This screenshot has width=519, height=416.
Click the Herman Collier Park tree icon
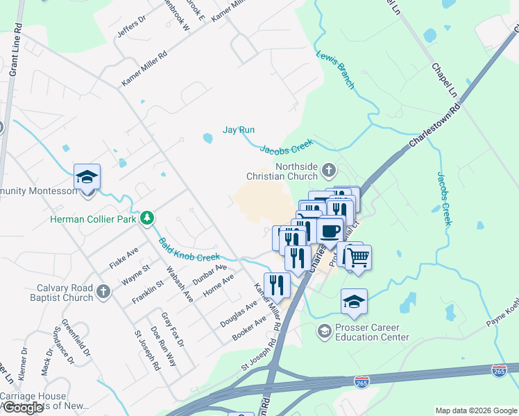coord(146,219)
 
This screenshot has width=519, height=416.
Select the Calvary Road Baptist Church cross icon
coord(103,291)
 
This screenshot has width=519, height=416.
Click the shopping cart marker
coord(358,258)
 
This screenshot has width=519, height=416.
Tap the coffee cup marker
coord(331,229)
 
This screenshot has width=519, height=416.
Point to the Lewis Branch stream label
coord(336,70)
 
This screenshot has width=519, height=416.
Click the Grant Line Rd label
coord(15,53)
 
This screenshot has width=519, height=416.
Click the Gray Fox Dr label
coord(172,329)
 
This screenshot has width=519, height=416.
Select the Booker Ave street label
coord(250,329)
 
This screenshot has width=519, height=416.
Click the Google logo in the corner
coord(22,408)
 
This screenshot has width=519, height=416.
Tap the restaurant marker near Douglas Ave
coord(277,284)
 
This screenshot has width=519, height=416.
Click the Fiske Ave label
coord(124,257)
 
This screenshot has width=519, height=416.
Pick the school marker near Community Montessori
coord(87,177)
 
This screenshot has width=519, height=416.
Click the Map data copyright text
coord(475,410)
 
